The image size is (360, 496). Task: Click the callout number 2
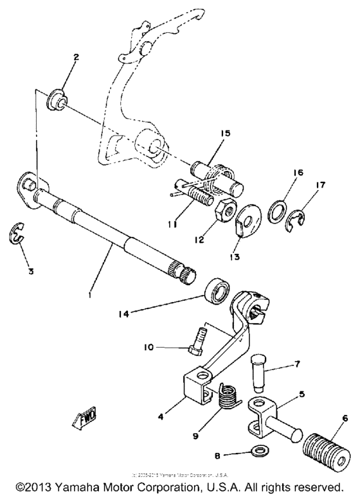click(x=76, y=57)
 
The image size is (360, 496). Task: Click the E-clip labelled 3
click(x=18, y=236)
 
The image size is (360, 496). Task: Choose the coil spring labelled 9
click(x=226, y=396)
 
